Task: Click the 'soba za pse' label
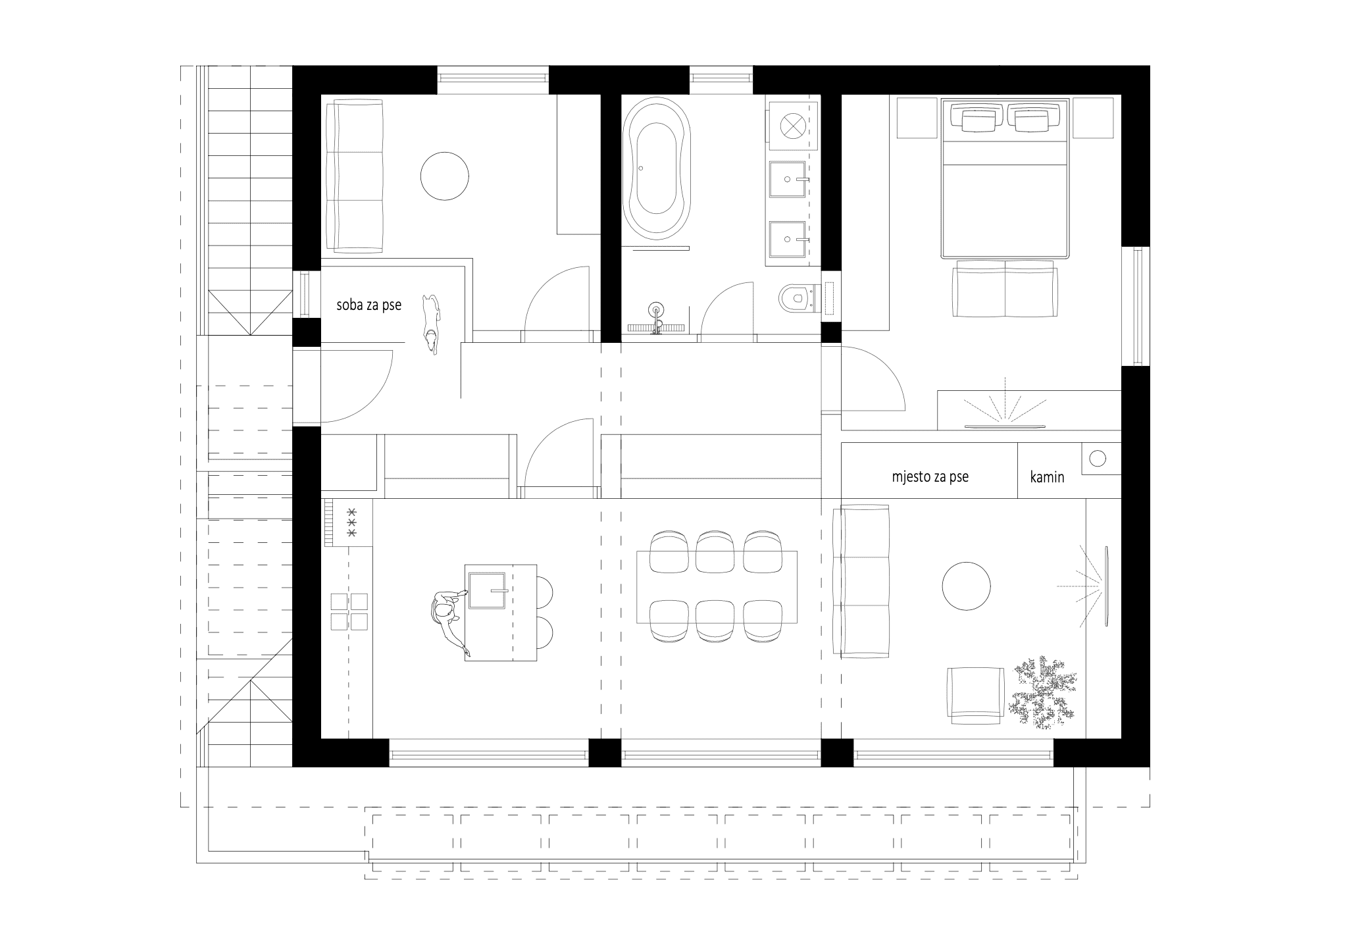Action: (x=368, y=305)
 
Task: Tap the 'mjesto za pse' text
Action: (x=930, y=477)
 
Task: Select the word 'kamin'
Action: (x=1047, y=477)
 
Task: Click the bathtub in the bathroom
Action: (x=656, y=169)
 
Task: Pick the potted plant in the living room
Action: (x=1042, y=692)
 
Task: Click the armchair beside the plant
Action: (x=975, y=696)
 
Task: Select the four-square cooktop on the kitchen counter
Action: (x=349, y=611)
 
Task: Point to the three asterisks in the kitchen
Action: (x=351, y=522)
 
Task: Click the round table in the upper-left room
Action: (x=445, y=176)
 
